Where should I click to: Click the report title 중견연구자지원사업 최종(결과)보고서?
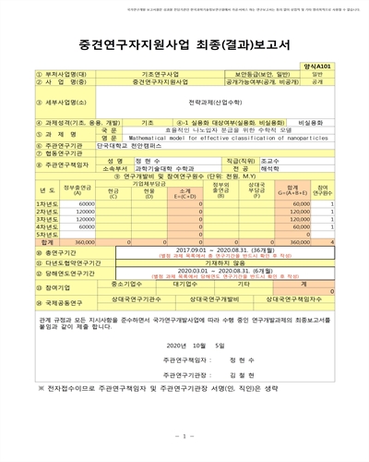pyautogui.click(x=184, y=43)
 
